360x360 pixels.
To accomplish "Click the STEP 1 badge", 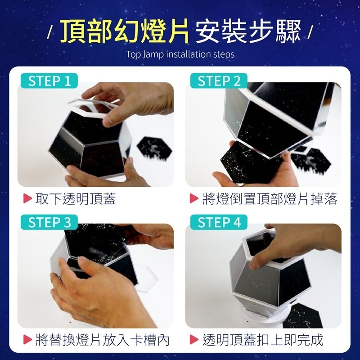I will point(49,81).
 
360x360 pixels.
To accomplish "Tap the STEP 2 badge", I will point(219,81).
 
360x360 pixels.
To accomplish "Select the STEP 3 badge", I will point(49,222).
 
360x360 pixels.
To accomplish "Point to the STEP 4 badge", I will point(219,222).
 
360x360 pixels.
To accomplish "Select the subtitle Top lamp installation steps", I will point(180,54).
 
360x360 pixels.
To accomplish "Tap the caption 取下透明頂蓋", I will point(75,199).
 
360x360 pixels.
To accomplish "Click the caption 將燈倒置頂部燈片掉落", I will point(269,199).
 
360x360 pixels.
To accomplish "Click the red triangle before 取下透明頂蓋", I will point(28,199).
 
